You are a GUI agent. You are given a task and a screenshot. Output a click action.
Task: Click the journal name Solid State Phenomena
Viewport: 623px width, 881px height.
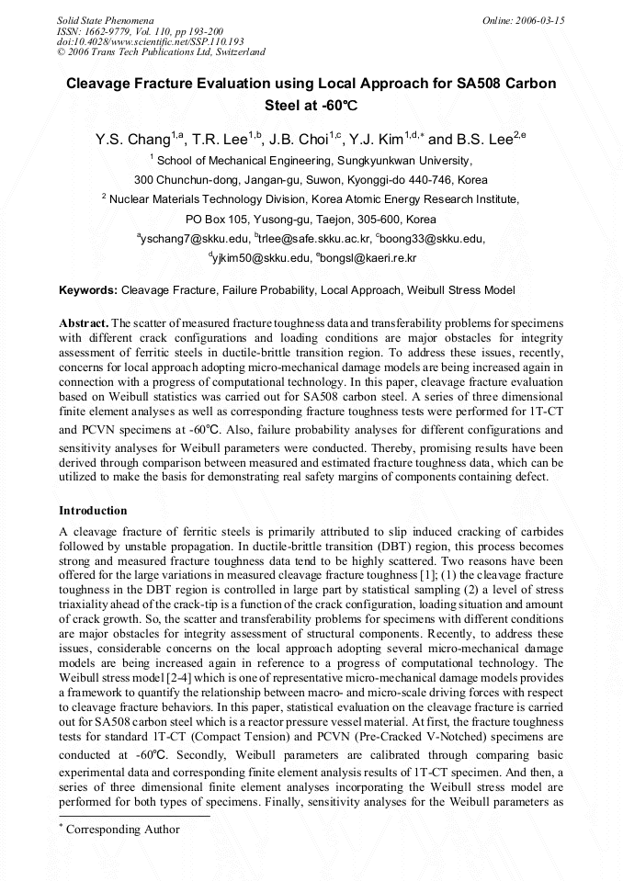pyautogui.click(x=104, y=19)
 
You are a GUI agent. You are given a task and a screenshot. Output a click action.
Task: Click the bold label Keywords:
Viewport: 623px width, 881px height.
pyautogui.click(x=88, y=290)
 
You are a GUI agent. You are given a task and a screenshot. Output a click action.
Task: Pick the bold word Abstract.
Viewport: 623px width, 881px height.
pyautogui.click(x=83, y=323)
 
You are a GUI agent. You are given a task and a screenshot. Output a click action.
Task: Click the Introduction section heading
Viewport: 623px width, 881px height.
pyautogui.click(x=94, y=510)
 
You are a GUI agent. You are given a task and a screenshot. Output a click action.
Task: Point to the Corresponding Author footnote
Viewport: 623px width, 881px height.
pyautogui.click(x=123, y=830)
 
